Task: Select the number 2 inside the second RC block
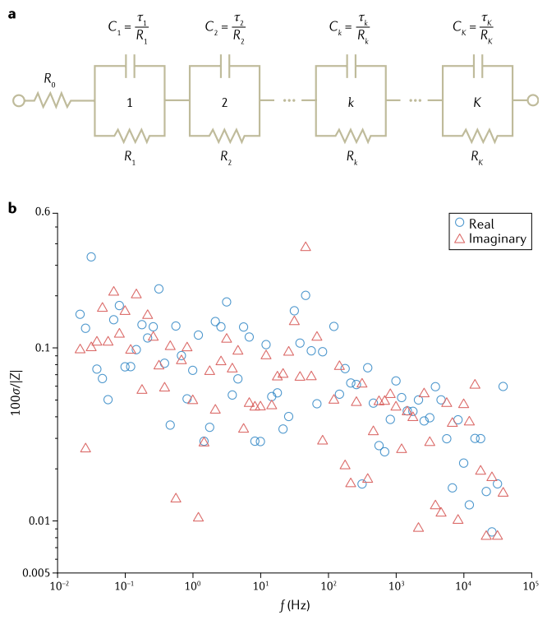point(223,104)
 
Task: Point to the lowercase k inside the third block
point(351,104)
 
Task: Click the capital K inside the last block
point(476,104)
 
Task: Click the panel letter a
point(11,14)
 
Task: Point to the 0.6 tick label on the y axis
point(41,213)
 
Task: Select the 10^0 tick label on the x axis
point(192,586)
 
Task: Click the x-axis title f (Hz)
point(293,608)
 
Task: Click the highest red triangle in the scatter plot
point(306,247)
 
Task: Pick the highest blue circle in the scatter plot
point(91,257)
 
